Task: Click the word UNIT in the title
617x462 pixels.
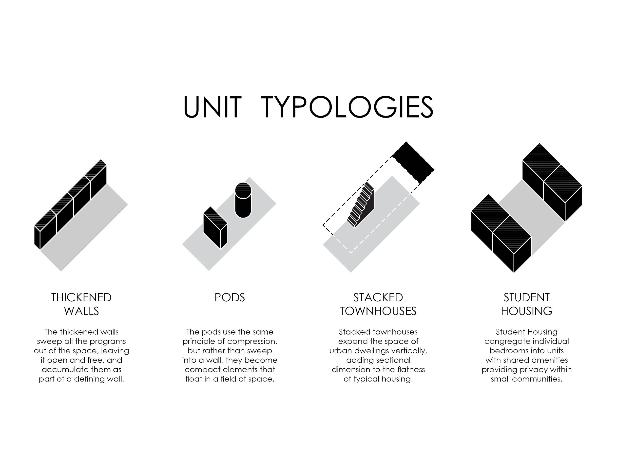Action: [212, 107]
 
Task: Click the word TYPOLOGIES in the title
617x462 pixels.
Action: [347, 107]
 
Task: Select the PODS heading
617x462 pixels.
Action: [230, 297]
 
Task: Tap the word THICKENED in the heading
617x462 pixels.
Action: [81, 297]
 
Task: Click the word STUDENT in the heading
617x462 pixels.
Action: [526, 297]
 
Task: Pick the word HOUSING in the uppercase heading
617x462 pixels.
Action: [526, 311]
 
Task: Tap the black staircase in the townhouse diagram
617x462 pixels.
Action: [361, 205]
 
